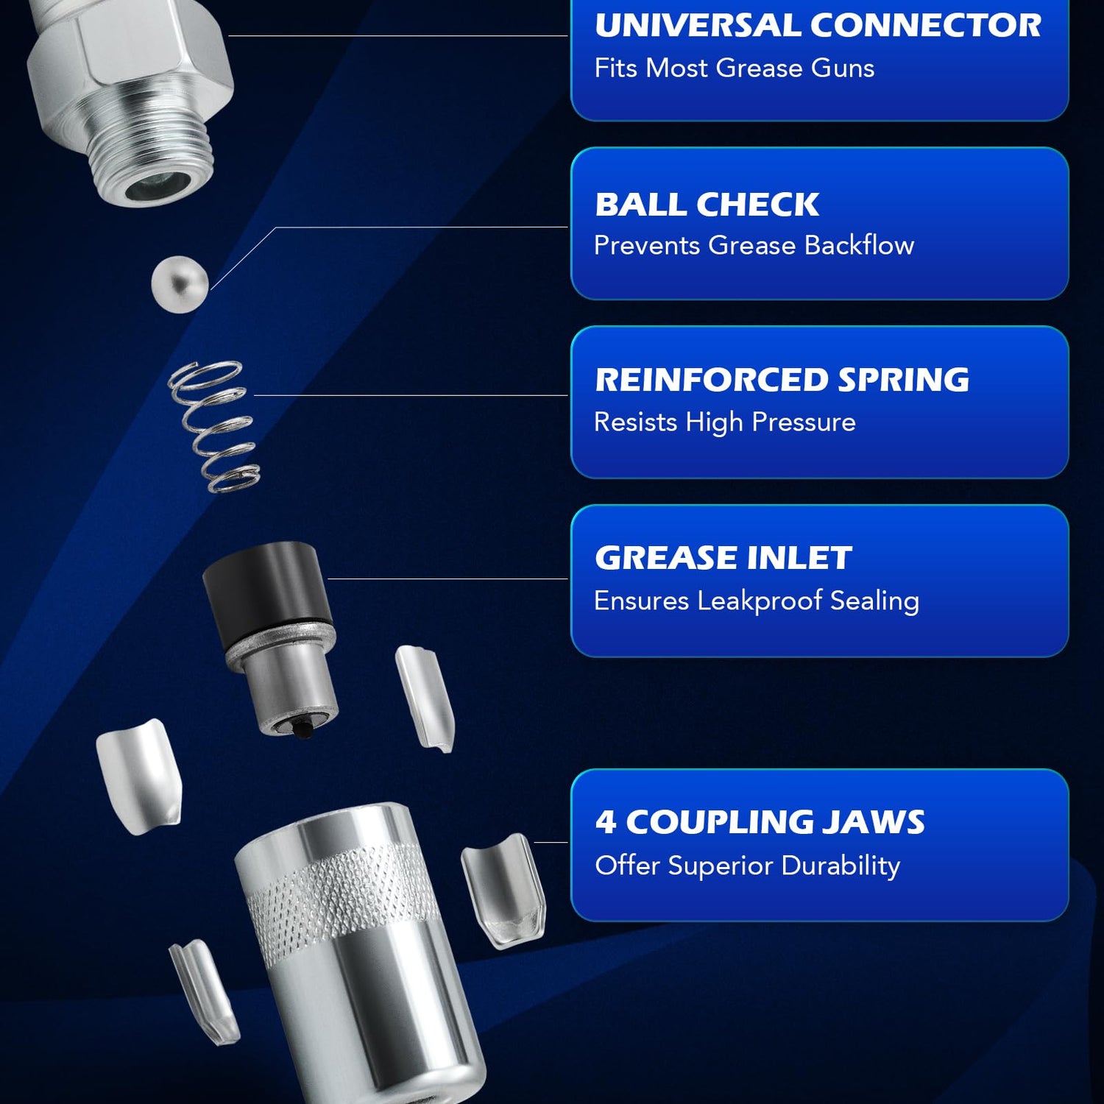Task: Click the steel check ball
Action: (x=180, y=284)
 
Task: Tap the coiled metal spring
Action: (x=214, y=426)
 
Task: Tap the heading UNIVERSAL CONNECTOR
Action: (x=818, y=25)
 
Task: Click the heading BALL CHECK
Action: (x=707, y=205)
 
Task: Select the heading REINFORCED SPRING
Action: (x=782, y=380)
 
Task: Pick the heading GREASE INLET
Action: (x=723, y=558)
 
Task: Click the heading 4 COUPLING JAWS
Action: (x=760, y=822)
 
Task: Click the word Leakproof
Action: (x=760, y=601)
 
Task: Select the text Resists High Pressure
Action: (x=725, y=422)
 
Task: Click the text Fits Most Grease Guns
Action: (x=735, y=68)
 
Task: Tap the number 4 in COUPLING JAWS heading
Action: (x=606, y=822)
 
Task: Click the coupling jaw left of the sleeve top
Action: (x=138, y=776)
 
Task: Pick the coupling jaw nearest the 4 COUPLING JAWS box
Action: (x=504, y=891)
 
